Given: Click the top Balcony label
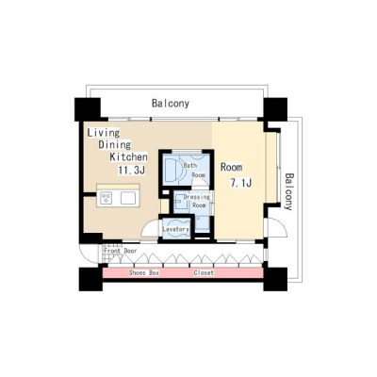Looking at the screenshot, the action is pos(171,104).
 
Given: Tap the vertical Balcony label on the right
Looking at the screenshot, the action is pos(288,191).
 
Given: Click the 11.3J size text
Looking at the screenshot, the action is pos(131,171).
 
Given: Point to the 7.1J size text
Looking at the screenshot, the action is pos(241,183).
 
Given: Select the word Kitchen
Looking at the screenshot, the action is pos(128,156).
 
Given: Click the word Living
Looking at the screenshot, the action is pos(104,133).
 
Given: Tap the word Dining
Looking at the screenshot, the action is pos(115,145).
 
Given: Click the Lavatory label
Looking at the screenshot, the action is pos(175,229).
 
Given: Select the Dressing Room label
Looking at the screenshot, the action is pos(197,201).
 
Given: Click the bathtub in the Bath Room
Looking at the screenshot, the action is pos(172,171).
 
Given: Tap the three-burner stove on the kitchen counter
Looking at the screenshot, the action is pos(107,198).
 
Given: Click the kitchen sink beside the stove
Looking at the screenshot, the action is pos(128,198).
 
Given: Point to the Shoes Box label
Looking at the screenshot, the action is pos(144,273).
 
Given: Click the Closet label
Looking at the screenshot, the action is pos(204,273).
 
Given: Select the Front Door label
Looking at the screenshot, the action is pos(121,251).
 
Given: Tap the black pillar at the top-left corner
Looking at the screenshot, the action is pos(88,109).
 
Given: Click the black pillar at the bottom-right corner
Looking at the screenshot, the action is pos(275,279).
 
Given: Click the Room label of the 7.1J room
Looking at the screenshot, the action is pos(231,168).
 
